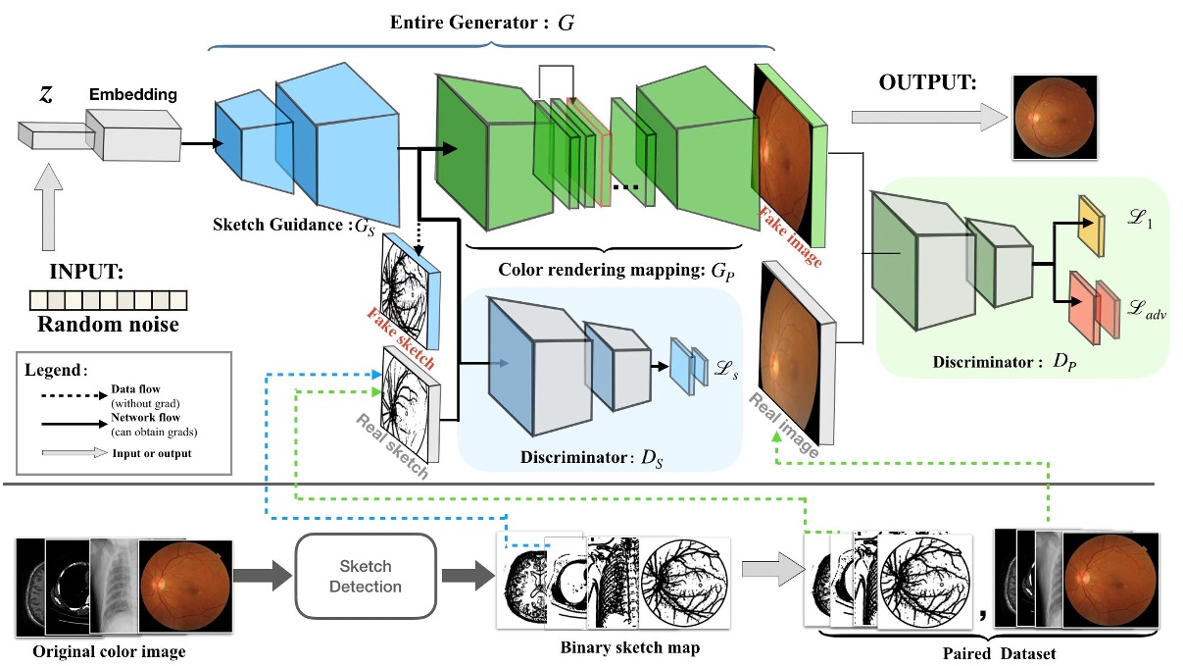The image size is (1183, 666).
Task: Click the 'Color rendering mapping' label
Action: click(x=613, y=269)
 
